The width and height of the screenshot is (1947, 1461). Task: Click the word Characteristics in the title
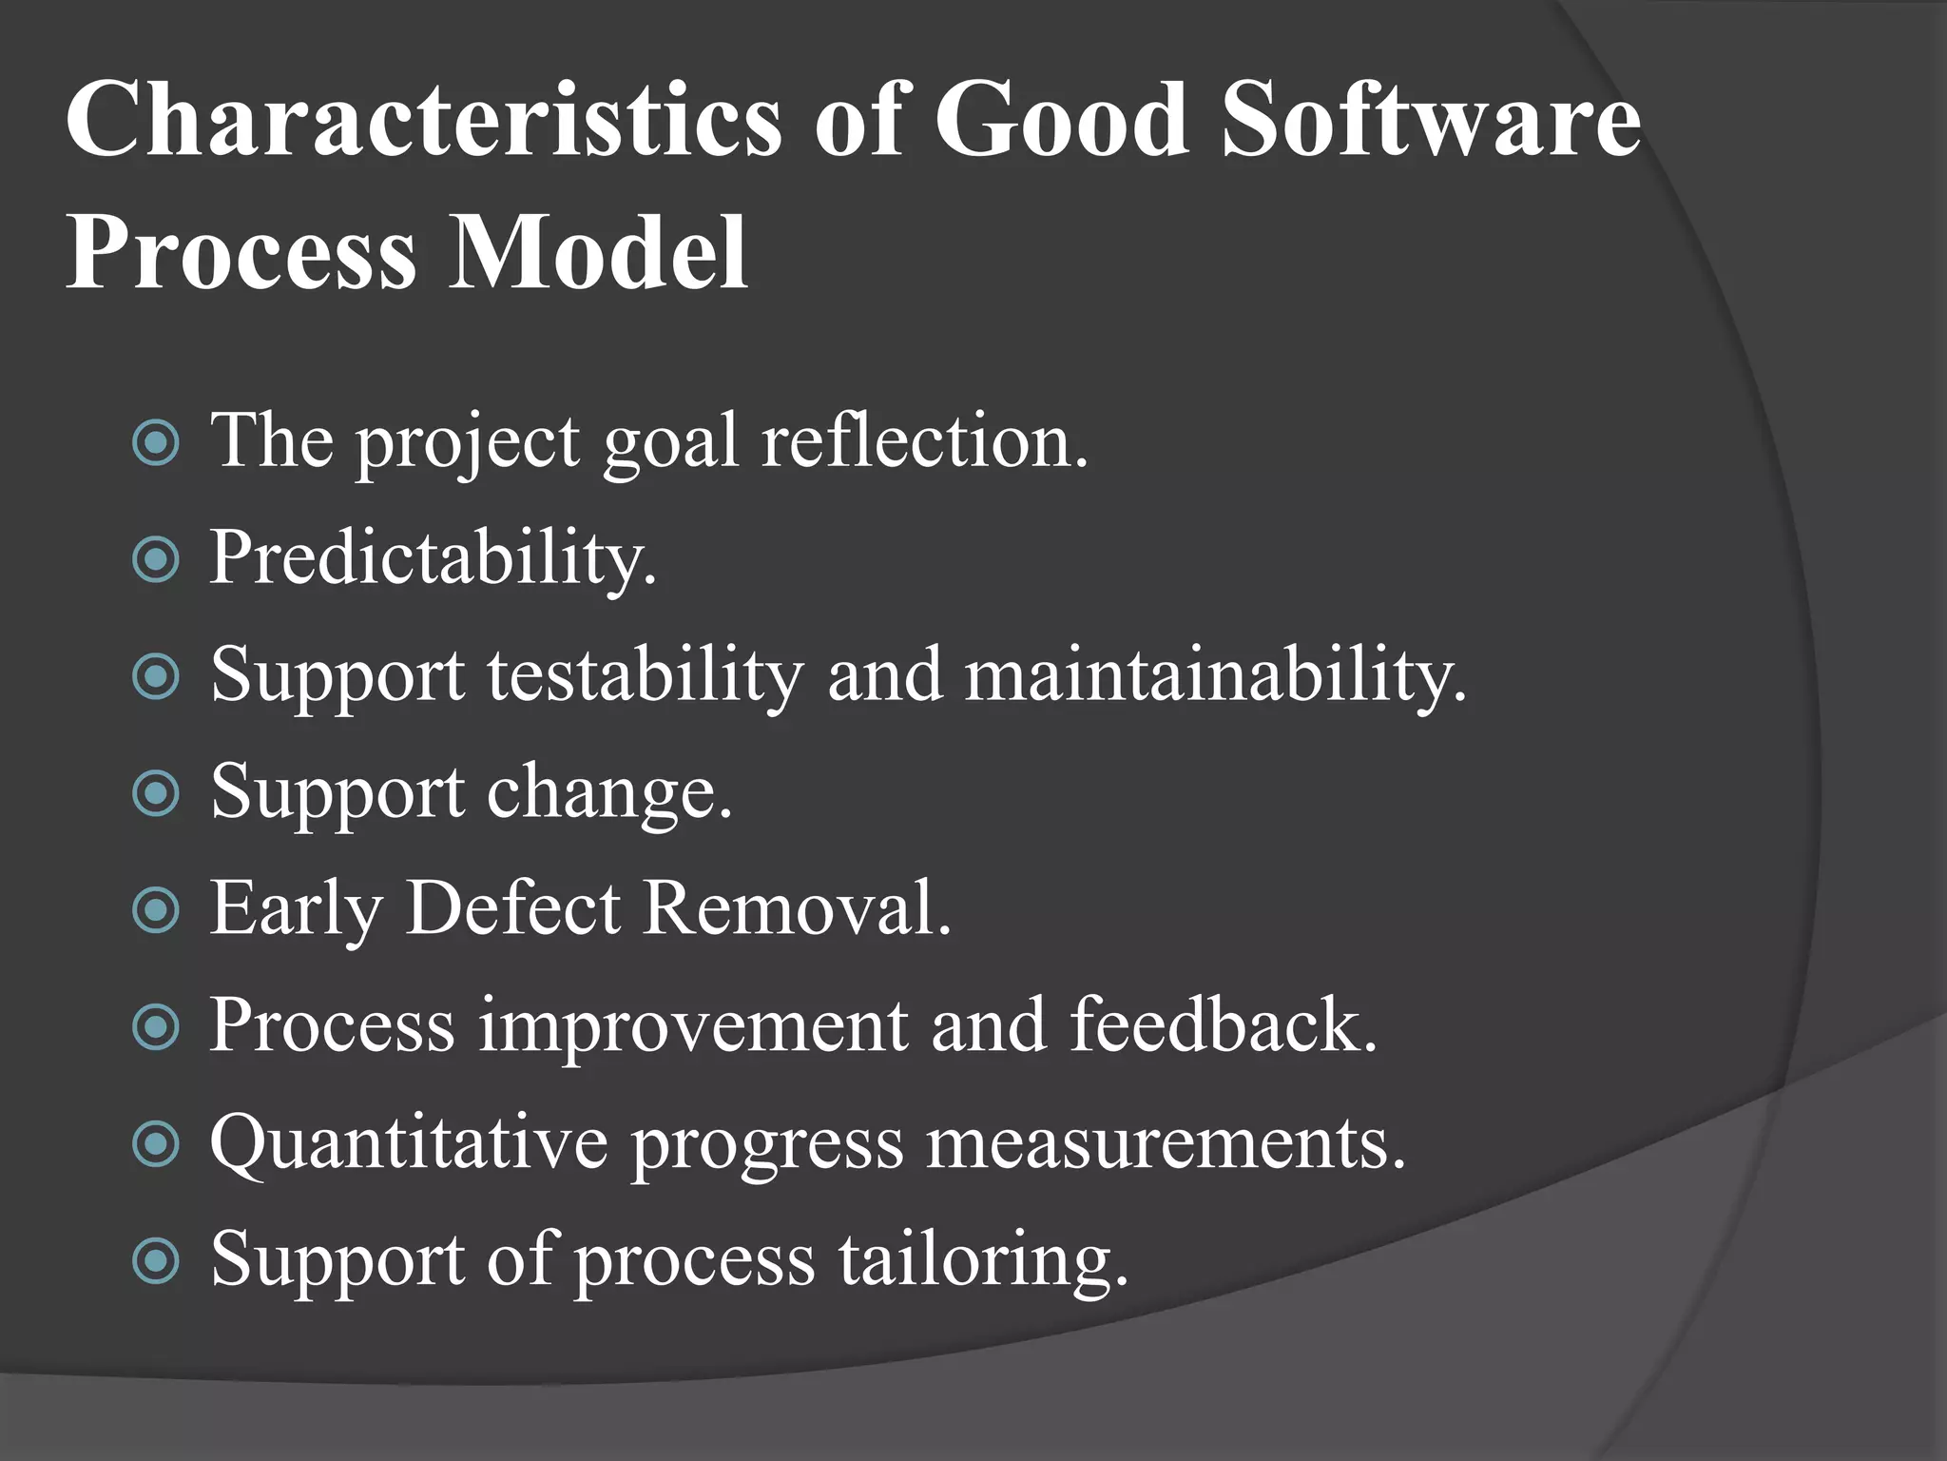point(423,121)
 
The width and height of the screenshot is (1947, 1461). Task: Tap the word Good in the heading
point(1061,121)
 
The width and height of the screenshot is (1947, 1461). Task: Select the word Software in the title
point(1431,121)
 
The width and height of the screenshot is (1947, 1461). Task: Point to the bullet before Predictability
point(156,559)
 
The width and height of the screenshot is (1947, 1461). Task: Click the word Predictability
point(433,559)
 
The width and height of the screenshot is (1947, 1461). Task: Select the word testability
point(646,675)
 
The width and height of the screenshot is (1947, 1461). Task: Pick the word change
point(609,792)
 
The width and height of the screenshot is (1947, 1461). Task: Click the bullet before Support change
point(156,793)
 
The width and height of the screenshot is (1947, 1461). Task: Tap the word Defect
point(513,908)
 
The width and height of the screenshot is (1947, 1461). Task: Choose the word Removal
point(797,908)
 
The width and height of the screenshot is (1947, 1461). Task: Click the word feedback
point(1223,1025)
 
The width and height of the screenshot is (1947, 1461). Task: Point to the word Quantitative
point(409,1142)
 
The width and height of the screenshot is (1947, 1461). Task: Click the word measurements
point(1165,1142)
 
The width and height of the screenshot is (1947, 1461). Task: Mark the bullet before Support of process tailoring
point(156,1261)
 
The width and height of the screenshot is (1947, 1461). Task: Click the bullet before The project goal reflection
point(156,442)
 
